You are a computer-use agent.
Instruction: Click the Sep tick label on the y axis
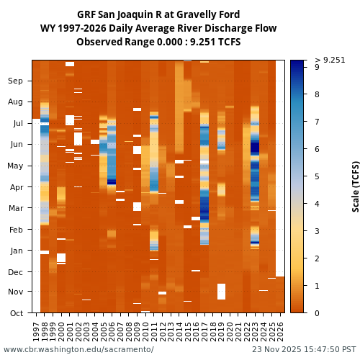pyautogui.click(x=15, y=81)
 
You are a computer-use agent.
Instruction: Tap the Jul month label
pyautogui.click(x=17, y=123)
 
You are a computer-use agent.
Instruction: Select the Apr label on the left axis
pyautogui.click(x=16, y=187)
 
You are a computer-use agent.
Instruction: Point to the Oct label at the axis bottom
pyautogui.click(x=16, y=313)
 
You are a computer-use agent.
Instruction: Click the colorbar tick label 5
pyautogui.click(x=317, y=176)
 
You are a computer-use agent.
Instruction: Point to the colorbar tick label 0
pyautogui.click(x=317, y=313)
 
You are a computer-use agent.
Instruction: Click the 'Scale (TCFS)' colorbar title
pyautogui.click(x=356, y=186)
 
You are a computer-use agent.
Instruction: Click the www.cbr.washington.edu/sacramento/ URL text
pyautogui.click(x=78, y=350)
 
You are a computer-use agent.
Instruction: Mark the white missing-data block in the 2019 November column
pyautogui.click(x=221, y=292)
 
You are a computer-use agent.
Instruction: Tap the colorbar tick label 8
pyautogui.click(x=317, y=94)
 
